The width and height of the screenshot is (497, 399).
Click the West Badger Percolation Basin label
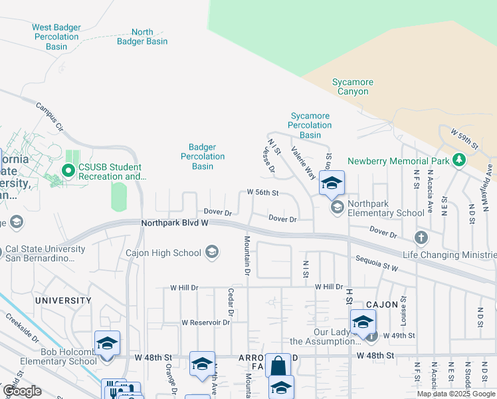56,37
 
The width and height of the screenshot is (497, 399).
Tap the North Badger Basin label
142,37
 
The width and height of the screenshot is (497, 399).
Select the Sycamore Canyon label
353,87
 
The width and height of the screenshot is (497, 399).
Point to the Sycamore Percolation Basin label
310,125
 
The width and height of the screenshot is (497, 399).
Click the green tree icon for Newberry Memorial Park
458,160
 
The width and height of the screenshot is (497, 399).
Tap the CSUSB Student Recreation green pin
68,171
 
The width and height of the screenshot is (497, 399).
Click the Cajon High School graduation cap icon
211,251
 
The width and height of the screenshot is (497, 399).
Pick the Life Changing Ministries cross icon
421,237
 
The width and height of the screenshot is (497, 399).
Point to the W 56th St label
262,193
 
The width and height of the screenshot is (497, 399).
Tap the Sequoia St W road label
377,263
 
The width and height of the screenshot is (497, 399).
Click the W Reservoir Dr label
205,323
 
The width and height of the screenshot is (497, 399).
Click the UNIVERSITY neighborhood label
63,301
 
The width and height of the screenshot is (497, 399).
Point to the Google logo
22,391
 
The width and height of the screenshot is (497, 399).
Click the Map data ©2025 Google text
456,394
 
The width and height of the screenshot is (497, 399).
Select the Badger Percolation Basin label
203,157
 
